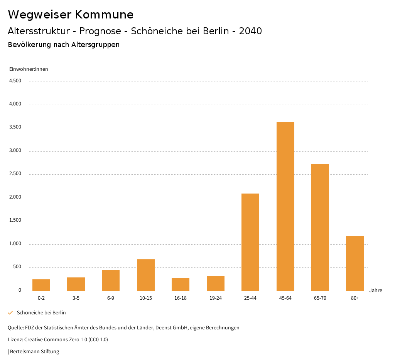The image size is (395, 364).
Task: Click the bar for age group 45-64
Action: (x=285, y=206)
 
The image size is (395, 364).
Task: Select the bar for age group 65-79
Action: (x=320, y=227)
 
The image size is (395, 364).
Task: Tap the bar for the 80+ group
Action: (x=355, y=264)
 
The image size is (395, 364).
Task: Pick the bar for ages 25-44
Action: (x=250, y=242)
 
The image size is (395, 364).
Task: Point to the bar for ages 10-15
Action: (x=146, y=275)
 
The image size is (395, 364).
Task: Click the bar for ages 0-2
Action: (x=41, y=285)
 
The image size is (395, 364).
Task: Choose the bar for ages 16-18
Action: (x=181, y=284)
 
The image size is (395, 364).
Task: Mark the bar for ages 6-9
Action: (x=111, y=280)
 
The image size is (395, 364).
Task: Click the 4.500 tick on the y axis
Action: (x=15, y=81)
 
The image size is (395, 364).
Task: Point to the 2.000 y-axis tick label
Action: (x=15, y=197)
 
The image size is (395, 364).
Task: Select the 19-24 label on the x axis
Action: (x=215, y=298)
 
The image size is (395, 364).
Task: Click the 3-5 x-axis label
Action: (x=76, y=298)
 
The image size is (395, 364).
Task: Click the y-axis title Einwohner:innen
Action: (x=29, y=69)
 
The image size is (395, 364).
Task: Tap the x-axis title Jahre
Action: (x=375, y=291)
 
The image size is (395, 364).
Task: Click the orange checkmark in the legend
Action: (x=10, y=313)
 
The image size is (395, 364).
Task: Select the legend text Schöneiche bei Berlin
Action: (x=41, y=313)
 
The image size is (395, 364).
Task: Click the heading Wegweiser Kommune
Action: (x=71, y=15)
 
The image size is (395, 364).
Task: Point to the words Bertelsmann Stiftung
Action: (x=34, y=352)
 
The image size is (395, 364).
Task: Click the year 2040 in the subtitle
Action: (x=250, y=31)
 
